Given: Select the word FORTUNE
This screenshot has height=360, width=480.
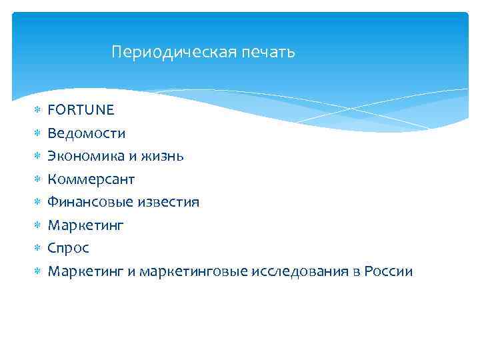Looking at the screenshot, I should [x=81, y=110].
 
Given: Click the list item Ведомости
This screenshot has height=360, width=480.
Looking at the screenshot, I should [x=86, y=133].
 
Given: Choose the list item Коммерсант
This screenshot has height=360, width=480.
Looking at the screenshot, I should [x=91, y=179].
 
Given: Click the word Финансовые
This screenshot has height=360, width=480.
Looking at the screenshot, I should [x=91, y=202].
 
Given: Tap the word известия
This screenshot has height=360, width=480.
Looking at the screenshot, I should [x=169, y=202].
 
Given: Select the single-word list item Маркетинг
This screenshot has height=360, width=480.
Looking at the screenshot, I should [x=85, y=226].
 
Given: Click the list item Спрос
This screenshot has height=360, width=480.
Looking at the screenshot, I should [x=68, y=248].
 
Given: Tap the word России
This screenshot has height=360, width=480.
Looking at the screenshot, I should [x=389, y=271].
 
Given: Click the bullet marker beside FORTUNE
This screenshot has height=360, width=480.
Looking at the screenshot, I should [x=38, y=110].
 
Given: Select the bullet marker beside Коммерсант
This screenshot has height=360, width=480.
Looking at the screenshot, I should [x=38, y=179].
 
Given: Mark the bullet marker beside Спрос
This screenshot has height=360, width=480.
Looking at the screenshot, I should [x=38, y=248].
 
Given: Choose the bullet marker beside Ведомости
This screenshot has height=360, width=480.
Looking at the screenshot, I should [x=38, y=133].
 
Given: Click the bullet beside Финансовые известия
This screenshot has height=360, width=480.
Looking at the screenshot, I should [x=38, y=202].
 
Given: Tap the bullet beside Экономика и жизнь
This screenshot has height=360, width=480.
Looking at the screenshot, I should [x=38, y=156].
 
